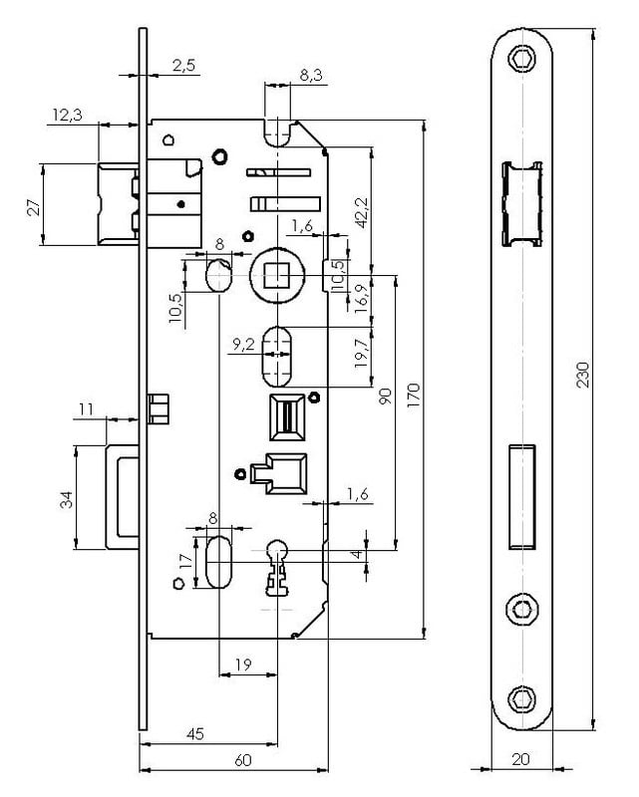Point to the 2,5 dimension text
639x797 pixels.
coord(183,66)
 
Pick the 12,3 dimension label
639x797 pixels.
coord(66,117)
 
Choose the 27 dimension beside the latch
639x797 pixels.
coord(32,206)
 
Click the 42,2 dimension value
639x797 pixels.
coord(362,212)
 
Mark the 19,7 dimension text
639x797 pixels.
coord(362,354)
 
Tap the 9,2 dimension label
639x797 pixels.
coord(243,345)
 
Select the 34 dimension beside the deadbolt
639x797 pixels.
coord(66,499)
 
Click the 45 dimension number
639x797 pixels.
coord(195,734)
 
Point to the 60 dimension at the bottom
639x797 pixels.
coord(242,760)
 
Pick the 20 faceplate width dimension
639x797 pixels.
coord(520,759)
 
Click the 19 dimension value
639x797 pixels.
coord(242,664)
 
